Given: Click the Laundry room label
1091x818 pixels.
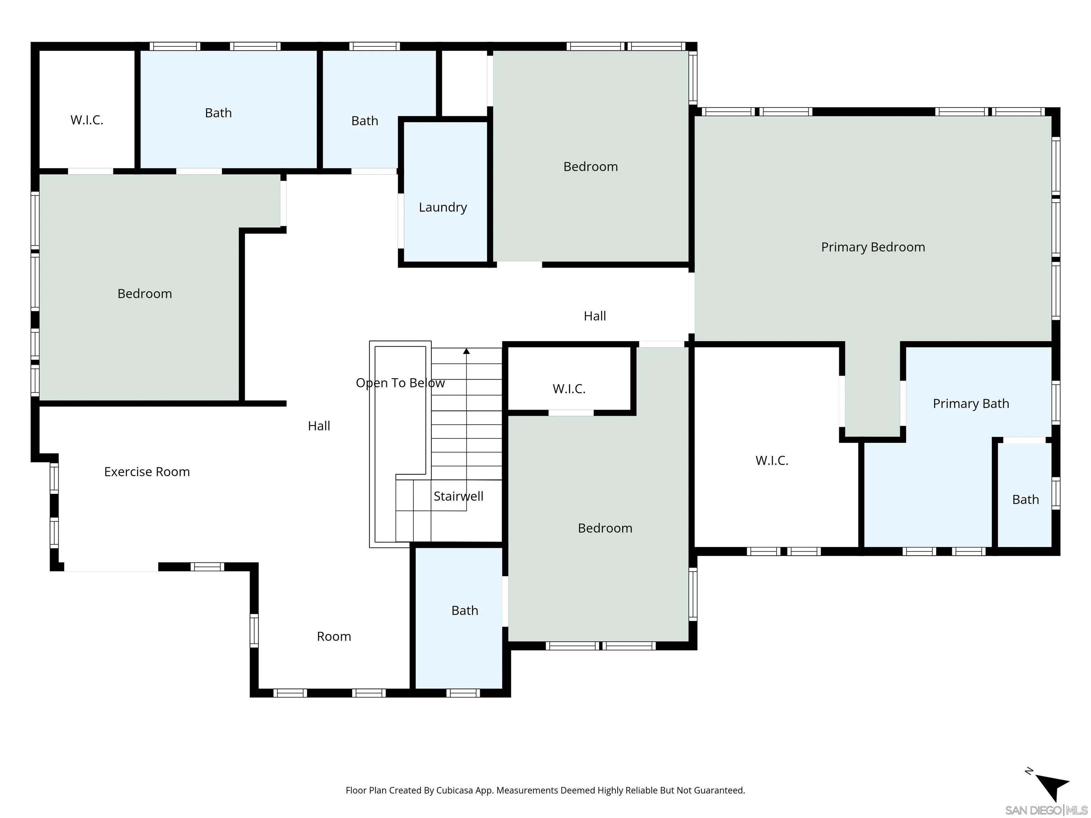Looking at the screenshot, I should (x=443, y=207).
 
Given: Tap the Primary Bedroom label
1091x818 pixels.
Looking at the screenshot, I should (x=873, y=247).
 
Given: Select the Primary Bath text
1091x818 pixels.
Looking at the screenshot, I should (x=970, y=404).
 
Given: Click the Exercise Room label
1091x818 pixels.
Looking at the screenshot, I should (x=146, y=472).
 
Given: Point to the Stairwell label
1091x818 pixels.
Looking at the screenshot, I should (x=458, y=496).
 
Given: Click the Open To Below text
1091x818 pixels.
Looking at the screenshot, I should (x=400, y=383).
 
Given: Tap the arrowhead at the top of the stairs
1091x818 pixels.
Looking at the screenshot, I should (x=466, y=351).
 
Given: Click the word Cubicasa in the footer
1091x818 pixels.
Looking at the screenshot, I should (x=454, y=790).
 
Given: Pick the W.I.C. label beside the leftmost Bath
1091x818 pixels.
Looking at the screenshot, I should (x=87, y=120).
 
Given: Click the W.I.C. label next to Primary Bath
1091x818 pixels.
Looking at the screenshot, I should (x=771, y=460).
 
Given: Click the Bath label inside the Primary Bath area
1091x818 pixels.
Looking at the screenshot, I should (x=1025, y=500).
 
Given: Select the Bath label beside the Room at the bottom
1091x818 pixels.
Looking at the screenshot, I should (x=465, y=610).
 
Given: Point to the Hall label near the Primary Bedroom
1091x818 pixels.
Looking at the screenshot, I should (x=594, y=316).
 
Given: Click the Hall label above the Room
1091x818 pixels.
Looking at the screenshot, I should (x=319, y=426).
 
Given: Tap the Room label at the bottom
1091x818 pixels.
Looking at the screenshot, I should (x=333, y=637).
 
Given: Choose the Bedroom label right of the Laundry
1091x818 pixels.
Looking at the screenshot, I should (x=590, y=167).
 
